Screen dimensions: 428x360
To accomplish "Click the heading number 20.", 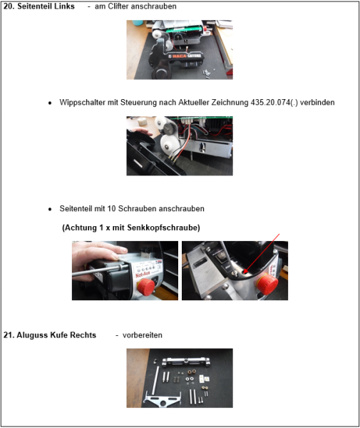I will tap(9, 6).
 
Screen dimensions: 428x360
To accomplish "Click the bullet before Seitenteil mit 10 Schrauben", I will tap(50, 209).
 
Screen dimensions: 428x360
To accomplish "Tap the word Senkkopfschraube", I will tap(167, 228).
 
